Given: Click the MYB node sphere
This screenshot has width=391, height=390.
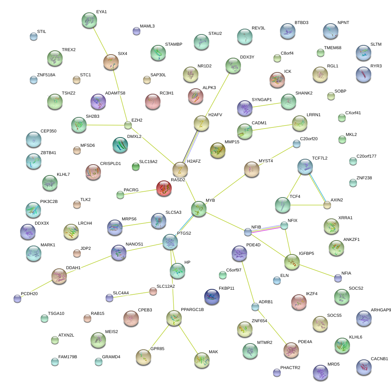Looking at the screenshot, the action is pyautogui.click(x=199, y=208).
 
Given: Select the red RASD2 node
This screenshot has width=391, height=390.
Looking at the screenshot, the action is pyautogui.click(x=164, y=188).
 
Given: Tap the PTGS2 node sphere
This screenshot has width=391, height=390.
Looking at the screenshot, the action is pyautogui.click(x=170, y=242).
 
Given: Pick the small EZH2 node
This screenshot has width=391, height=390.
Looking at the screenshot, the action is pyautogui.click(x=128, y=125).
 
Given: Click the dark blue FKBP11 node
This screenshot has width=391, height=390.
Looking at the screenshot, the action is pyautogui.click(x=212, y=297).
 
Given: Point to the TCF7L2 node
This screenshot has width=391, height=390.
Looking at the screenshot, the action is pyautogui.click(x=306, y=166).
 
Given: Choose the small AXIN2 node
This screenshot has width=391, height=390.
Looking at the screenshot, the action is pyautogui.click(x=328, y=205).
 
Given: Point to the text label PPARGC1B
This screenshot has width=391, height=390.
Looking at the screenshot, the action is pyautogui.click(x=192, y=309).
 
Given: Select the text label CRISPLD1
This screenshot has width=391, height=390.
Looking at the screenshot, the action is pyautogui.click(x=110, y=164).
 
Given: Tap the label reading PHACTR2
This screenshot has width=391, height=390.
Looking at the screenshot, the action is pyautogui.click(x=290, y=368).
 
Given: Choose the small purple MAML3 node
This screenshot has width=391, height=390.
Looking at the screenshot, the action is pyautogui.click(x=136, y=31).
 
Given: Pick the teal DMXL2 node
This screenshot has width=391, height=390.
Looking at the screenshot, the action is pyautogui.click(x=120, y=144).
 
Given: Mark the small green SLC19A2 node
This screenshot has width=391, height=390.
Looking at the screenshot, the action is pyautogui.click(x=135, y=167).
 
